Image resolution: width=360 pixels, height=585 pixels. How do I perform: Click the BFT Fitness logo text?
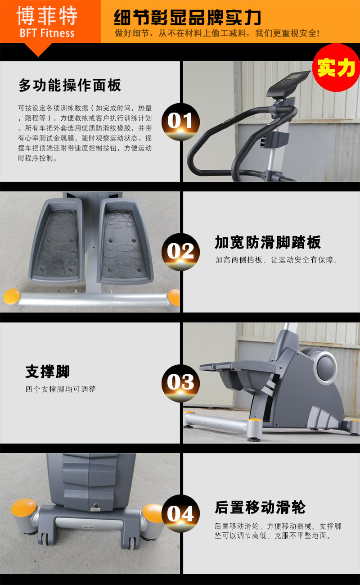click(47, 33)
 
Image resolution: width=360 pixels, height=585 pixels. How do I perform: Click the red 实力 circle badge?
click(336, 68)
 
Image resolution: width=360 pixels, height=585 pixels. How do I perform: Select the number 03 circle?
click(180, 383)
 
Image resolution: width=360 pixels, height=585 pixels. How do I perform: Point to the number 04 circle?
click(180, 513)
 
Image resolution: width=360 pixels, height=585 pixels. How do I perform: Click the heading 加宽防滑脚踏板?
click(267, 242)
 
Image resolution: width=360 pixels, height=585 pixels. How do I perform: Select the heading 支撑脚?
click(48, 372)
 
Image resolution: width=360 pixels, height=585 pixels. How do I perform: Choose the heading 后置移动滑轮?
click(260, 507)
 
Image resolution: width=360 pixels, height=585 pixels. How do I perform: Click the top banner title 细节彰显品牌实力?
click(187, 18)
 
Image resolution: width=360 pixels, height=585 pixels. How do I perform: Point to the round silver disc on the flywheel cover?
click(325, 366)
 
